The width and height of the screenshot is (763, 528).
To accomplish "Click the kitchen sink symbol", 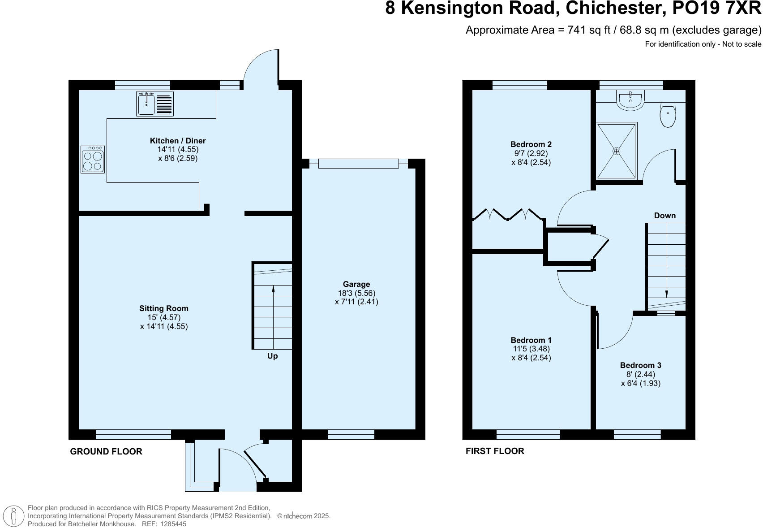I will pos(154,104).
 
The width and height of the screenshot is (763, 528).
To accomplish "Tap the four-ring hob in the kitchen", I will pos(93,160).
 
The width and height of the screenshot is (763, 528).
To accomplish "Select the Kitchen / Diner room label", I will pos(178,141).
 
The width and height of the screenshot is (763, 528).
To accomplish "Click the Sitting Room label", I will pos(164,308).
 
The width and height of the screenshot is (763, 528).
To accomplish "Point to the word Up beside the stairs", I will pos(272,356).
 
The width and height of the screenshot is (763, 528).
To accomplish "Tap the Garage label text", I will pos(356,284).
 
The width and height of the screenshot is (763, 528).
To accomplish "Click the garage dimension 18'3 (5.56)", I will pos(356,293).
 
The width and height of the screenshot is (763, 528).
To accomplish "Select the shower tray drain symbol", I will pos(617,151).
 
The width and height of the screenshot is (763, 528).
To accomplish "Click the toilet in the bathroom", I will pos(668,115).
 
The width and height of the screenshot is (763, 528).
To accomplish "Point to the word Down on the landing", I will pos(664,216).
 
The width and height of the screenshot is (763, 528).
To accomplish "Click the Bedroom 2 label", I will pos(531,144).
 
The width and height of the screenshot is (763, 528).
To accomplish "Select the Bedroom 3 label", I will pos(640,365).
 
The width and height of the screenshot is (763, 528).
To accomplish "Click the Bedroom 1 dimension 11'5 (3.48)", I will pos(531,349).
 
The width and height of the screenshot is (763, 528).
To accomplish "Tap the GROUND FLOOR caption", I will pos(106,452).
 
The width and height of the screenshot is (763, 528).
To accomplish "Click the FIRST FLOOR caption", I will pos(495,451).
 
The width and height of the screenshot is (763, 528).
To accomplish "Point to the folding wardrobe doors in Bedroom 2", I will pos(508,215).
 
